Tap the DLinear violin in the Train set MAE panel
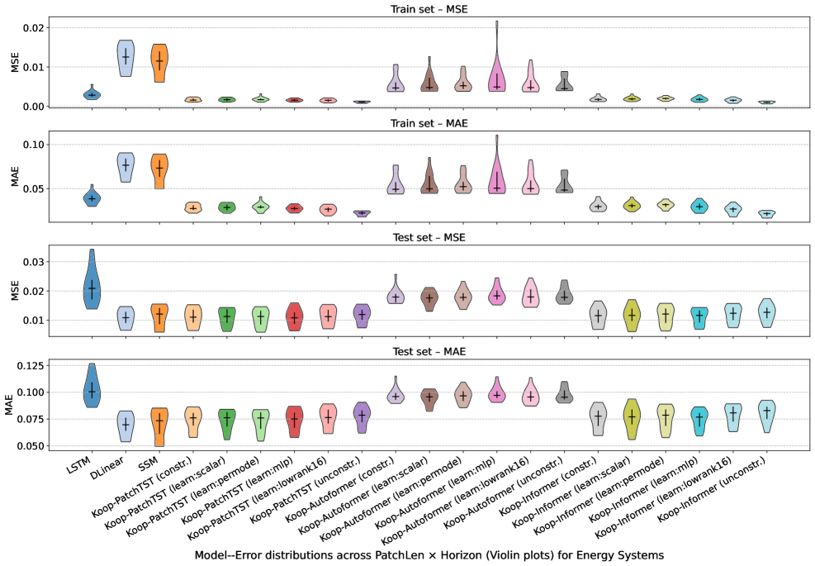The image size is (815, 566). click(x=126, y=166)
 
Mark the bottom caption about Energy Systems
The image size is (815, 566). click(x=429, y=554)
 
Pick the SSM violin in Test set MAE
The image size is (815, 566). click(x=159, y=426)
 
